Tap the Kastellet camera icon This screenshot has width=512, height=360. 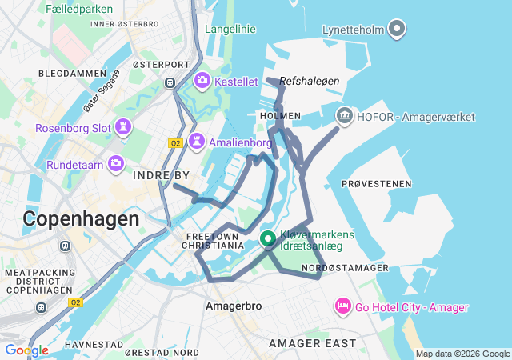point(202,81)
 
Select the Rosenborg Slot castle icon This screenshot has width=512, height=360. point(124,127)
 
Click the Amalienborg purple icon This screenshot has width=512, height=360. point(195,142)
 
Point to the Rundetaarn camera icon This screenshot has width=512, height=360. point(117,164)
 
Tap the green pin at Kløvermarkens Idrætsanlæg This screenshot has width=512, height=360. point(267,238)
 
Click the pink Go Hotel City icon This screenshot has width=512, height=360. point(343,306)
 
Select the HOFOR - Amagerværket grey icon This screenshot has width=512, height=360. point(345,117)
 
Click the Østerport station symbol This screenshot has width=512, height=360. point(170,82)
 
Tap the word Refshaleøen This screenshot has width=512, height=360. point(310,81)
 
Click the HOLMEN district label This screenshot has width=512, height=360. point(280,116)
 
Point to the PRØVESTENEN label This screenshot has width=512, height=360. point(376,184)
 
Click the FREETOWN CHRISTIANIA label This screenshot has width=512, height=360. point(214,242)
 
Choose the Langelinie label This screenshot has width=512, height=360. point(230,30)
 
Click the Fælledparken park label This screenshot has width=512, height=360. point(78,8)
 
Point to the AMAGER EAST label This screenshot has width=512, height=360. point(312,343)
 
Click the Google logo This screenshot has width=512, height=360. point(26,350)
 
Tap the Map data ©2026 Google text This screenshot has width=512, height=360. point(462,354)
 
